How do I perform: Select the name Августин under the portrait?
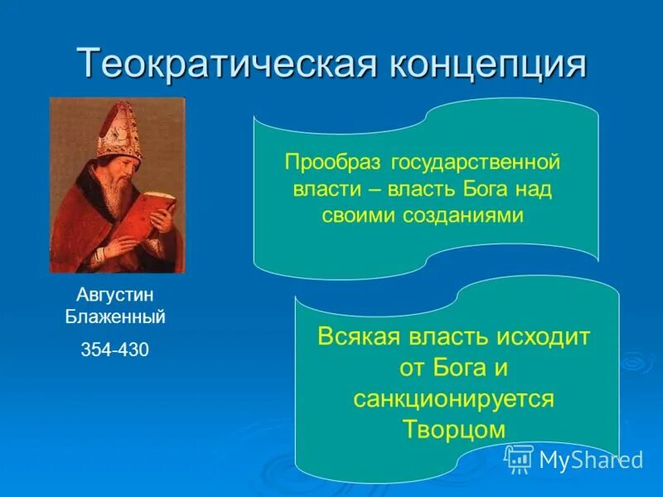coord(115,295)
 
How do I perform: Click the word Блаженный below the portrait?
coord(115,316)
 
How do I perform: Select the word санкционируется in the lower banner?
coord(452,398)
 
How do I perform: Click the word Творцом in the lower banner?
coord(452,428)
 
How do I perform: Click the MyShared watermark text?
coord(591,460)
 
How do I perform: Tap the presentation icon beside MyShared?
coord(519,458)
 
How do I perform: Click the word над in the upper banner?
coord(535,187)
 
